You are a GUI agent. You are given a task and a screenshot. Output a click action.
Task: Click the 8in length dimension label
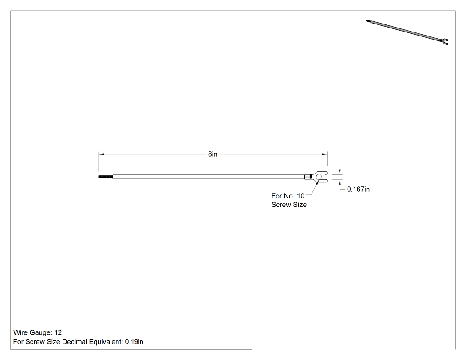(213, 154)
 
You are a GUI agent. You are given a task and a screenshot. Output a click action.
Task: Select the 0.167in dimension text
(358, 189)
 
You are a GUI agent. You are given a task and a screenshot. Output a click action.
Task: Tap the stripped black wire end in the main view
(106, 177)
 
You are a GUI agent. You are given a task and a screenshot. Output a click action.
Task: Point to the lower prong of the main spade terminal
(322, 181)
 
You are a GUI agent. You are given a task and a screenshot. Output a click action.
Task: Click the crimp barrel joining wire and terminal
(308, 177)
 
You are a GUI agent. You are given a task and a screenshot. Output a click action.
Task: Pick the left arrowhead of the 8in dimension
(101, 154)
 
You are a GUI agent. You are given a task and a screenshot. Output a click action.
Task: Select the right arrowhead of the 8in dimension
(324, 154)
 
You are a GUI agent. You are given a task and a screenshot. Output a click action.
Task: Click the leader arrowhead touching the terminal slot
(318, 182)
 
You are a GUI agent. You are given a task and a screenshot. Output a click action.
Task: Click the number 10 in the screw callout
(300, 196)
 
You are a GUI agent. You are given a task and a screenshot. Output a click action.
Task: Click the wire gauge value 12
(58, 332)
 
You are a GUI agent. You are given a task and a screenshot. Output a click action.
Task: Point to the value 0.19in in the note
(134, 342)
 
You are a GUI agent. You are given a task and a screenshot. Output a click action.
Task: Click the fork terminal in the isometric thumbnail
(444, 41)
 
